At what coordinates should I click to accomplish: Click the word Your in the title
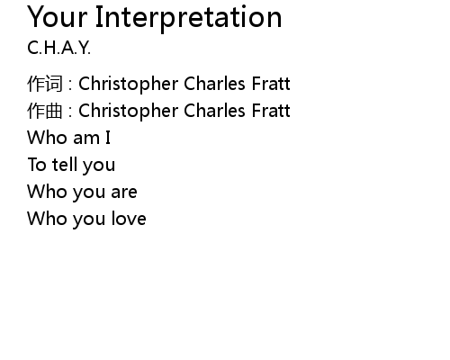[58, 17]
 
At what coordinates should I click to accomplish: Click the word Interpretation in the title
[189, 18]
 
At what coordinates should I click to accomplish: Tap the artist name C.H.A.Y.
[58, 48]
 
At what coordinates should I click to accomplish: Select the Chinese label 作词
[45, 84]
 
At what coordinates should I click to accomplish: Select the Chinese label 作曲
[45, 111]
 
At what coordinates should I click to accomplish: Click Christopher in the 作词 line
[129, 85]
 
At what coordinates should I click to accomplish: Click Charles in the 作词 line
[214, 84]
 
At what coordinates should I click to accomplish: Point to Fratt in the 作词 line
[271, 84]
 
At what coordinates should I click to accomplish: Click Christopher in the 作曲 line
[129, 112]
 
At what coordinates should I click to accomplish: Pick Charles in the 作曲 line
[214, 111]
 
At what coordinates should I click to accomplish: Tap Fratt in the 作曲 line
[271, 111]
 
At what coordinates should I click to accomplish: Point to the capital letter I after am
[108, 138]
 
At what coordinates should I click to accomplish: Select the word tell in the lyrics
[64, 164]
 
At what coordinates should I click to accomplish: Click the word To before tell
[37, 165]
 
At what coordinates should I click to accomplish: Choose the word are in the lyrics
[124, 192]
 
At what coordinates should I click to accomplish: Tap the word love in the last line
[129, 218]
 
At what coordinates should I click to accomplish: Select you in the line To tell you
[99, 166]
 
